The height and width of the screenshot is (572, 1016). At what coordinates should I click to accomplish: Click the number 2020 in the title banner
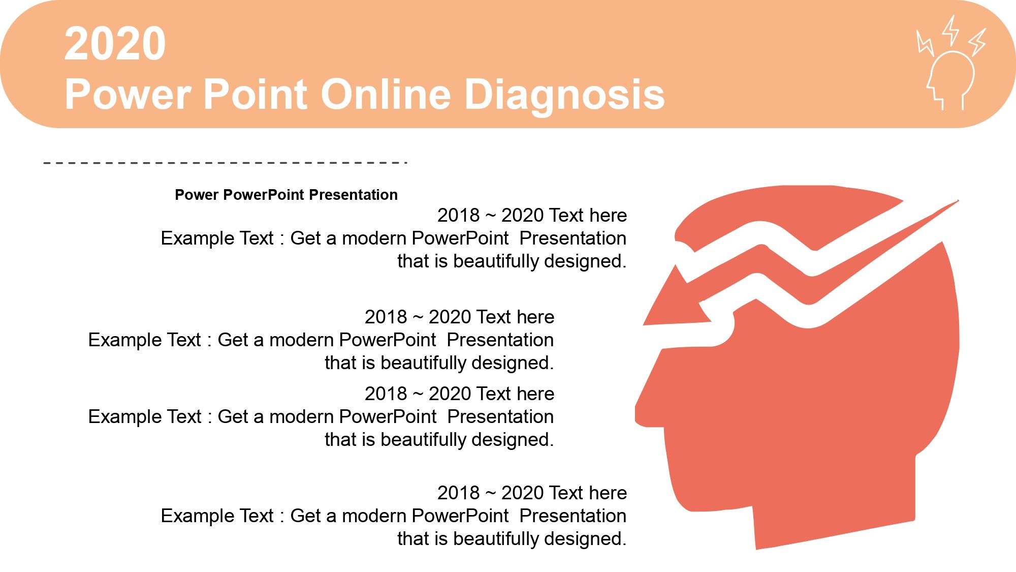115,44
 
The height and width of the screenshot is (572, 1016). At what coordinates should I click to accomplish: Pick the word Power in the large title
128,94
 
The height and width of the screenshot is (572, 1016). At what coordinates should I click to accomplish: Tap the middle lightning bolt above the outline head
950,30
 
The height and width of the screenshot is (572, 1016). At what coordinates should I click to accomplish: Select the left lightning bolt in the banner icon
925,43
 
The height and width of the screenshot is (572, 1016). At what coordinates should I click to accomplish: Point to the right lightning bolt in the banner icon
977,42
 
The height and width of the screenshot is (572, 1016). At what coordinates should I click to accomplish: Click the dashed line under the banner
226,163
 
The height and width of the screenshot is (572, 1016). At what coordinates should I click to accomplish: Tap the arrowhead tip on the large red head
644,324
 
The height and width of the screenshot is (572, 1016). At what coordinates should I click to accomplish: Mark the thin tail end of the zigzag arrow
958,200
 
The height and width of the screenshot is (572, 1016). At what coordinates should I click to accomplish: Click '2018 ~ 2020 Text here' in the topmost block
532,215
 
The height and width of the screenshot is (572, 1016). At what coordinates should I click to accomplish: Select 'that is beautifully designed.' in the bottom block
512,539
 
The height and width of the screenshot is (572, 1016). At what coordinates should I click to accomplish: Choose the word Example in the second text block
120,340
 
